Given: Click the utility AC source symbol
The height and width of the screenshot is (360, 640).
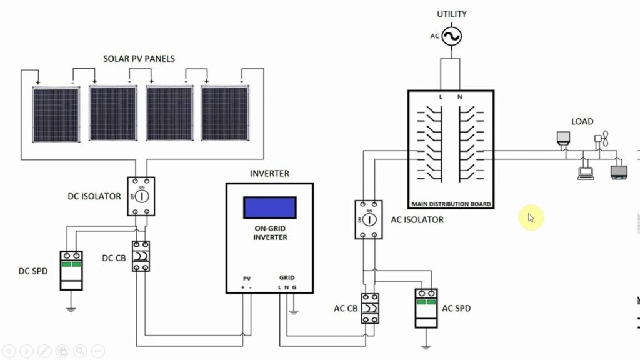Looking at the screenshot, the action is [x=452, y=36].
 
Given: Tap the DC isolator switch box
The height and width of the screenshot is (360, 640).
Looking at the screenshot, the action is [x=141, y=196].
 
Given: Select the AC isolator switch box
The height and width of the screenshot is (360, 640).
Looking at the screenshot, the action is [x=369, y=219].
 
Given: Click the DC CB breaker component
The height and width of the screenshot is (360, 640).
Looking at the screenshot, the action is [x=141, y=256].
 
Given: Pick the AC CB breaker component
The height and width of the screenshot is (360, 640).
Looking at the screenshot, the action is [x=370, y=309].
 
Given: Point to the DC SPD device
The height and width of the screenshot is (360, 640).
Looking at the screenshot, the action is [x=71, y=271].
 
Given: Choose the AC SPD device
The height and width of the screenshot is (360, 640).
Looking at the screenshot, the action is [x=426, y=308].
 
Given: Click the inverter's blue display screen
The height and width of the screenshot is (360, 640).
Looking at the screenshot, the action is [x=270, y=207].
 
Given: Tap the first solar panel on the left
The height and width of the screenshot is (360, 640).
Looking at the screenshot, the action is [x=56, y=114].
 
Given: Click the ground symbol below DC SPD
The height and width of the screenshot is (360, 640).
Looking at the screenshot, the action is [x=71, y=309].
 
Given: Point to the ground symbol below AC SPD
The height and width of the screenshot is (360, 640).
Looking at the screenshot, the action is [x=426, y=347].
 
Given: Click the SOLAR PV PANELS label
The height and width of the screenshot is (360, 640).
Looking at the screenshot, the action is [x=139, y=59].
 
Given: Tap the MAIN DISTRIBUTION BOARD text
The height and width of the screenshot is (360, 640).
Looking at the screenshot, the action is [x=451, y=204].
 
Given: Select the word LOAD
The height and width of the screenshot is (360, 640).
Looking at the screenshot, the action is [x=582, y=122].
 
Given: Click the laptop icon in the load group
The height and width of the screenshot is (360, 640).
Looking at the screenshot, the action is [x=585, y=174].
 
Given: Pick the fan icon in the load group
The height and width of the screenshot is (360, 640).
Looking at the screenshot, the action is [x=602, y=138].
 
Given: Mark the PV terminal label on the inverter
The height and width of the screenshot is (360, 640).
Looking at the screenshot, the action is [x=247, y=279].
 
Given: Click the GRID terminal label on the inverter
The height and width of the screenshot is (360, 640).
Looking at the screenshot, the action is [x=287, y=277].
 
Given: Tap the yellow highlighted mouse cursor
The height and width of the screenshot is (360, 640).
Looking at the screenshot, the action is [x=531, y=217].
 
